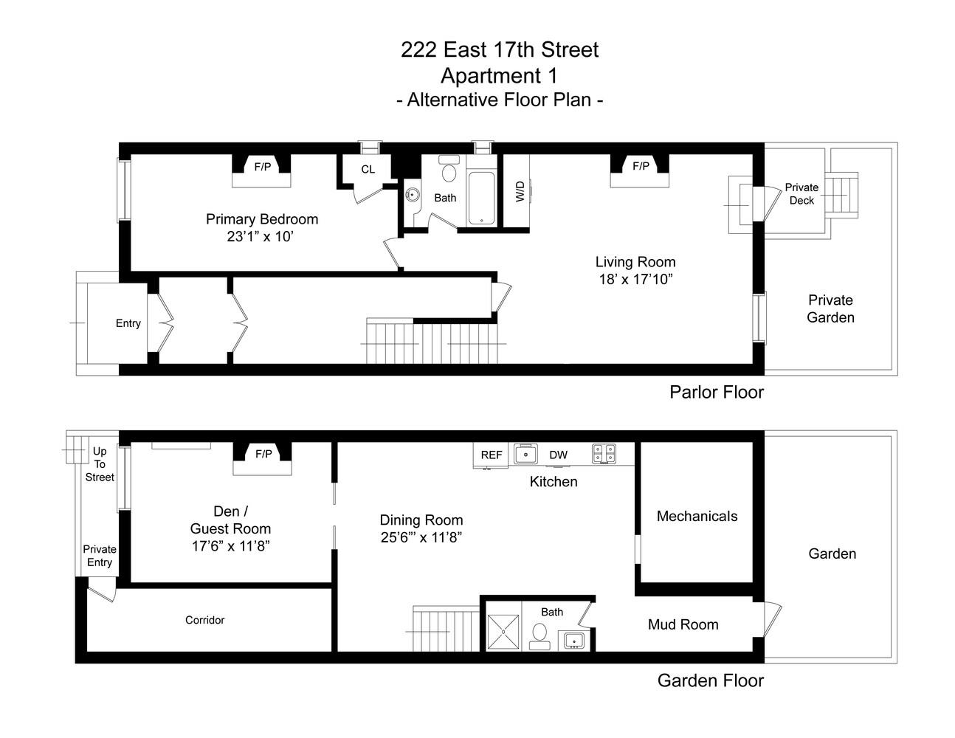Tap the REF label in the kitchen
[x=492, y=455]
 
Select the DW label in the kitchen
[x=558, y=455]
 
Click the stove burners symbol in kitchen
[x=604, y=453]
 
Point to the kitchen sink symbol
[x=525, y=454]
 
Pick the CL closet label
[x=368, y=169]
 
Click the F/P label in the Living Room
[x=641, y=166]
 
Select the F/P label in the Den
[x=263, y=454]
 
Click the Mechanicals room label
[x=697, y=516]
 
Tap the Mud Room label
[x=683, y=624]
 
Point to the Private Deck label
[x=801, y=193]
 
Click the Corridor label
[x=204, y=620]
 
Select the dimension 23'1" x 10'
[x=261, y=237]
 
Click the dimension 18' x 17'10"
[x=635, y=280]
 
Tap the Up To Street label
[x=100, y=464]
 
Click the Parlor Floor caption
[x=716, y=392]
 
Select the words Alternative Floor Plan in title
[x=500, y=100]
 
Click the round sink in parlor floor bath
[x=412, y=196]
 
